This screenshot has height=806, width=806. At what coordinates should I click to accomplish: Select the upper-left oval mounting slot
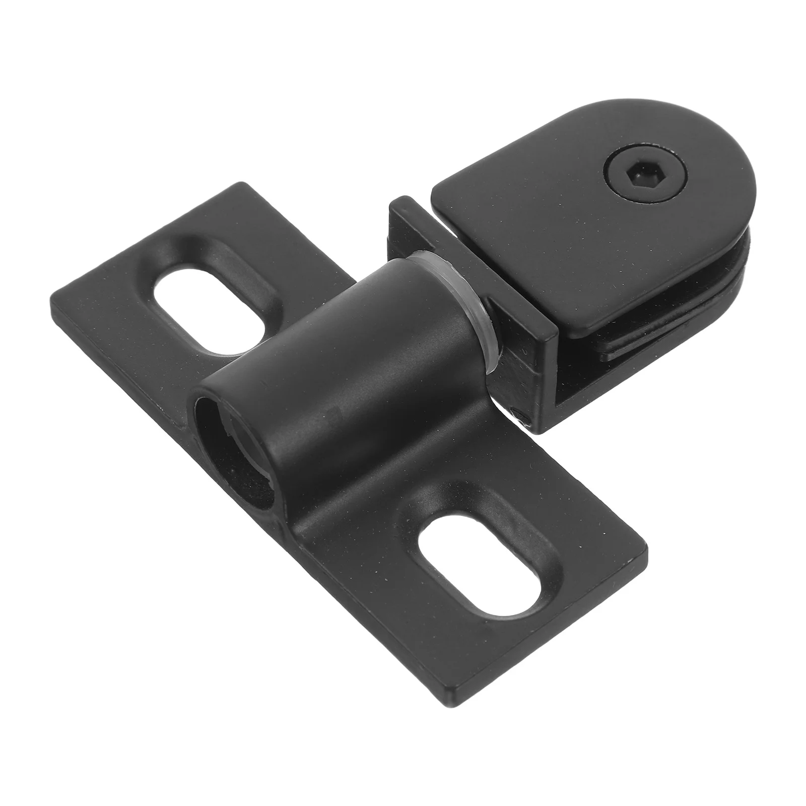pos(209,308)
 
